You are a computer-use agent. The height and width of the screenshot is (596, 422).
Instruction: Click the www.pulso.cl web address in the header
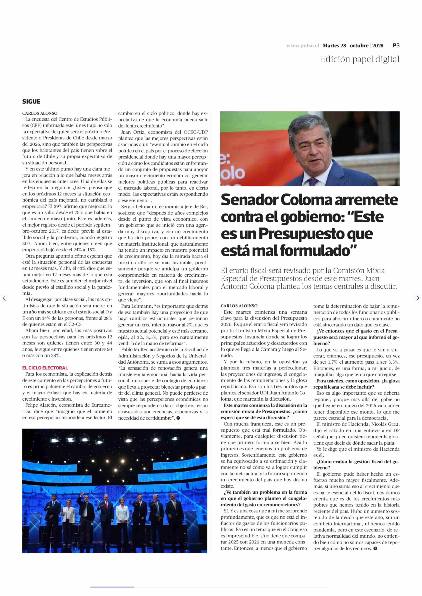click(x=302, y=46)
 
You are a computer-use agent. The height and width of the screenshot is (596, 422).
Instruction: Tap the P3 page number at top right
click(x=396, y=45)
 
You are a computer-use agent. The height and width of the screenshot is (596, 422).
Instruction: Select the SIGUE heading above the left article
click(x=31, y=102)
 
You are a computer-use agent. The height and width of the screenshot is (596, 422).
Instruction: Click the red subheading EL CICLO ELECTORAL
click(x=45, y=368)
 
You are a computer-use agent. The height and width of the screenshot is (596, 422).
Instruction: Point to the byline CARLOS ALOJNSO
click(x=239, y=306)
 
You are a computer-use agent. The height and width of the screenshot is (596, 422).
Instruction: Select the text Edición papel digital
click(x=360, y=59)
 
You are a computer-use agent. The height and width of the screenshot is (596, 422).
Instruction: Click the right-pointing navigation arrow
click(x=417, y=298)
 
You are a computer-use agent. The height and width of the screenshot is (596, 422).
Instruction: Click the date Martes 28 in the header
click(x=334, y=46)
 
